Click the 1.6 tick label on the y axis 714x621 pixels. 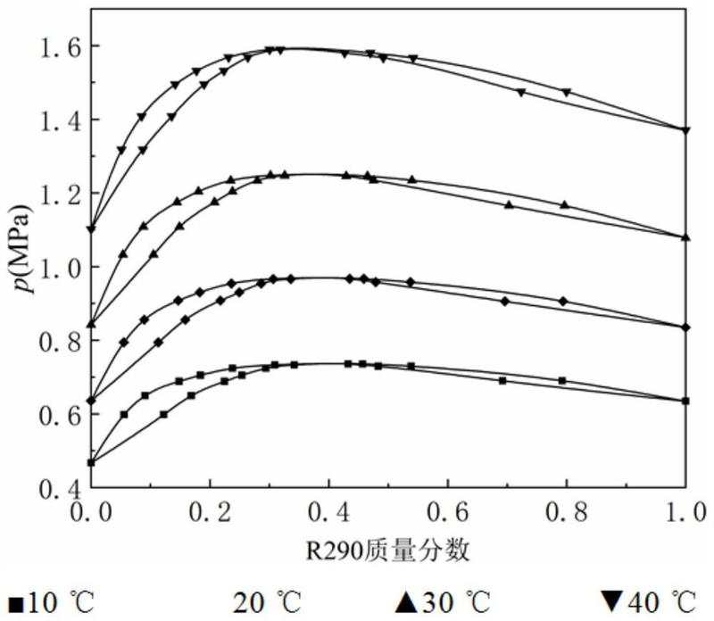pos(59,46)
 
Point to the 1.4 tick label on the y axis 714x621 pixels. pos(59,120)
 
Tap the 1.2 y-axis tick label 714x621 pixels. pos(59,194)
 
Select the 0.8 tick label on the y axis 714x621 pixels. pos(59,341)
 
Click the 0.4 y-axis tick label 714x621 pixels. pos(59,488)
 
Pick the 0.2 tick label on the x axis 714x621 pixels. pos(210,511)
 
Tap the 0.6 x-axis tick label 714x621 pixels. pos(447,511)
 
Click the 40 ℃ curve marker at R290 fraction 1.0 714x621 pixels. pos(685,130)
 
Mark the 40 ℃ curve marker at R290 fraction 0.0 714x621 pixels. pos(91,229)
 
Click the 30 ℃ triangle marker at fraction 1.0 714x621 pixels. pos(685,236)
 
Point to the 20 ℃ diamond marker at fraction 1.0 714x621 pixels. pos(685,327)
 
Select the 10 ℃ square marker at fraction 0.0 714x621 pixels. pos(91,462)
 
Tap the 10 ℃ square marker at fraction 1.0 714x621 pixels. pos(685,402)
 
